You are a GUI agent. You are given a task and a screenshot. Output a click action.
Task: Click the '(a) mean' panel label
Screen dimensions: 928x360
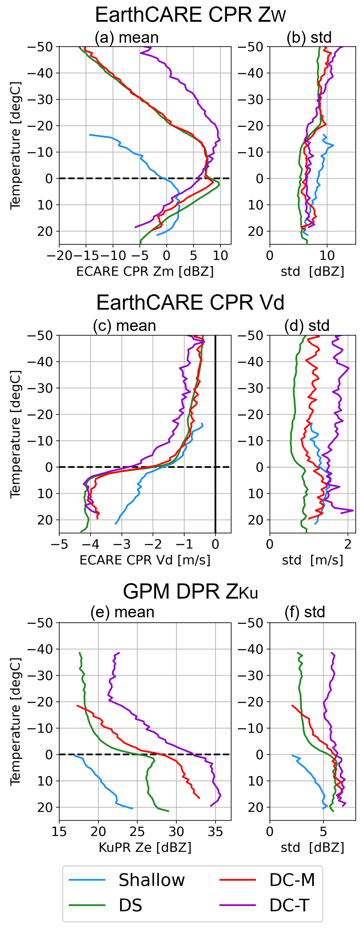126,37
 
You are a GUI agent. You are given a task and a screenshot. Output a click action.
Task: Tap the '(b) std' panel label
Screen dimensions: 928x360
309,37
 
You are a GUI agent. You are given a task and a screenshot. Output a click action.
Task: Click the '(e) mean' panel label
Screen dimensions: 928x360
122,613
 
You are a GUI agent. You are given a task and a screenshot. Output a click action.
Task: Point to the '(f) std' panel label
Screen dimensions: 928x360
305,613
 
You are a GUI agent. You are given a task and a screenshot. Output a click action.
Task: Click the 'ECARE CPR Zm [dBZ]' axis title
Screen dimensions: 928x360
145,271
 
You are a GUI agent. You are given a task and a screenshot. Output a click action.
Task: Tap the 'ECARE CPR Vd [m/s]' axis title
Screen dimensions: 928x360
145,560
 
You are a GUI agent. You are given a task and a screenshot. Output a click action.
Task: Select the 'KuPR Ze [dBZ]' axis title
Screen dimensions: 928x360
145,847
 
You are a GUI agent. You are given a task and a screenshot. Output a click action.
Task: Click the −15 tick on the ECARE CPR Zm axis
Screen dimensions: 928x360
86,256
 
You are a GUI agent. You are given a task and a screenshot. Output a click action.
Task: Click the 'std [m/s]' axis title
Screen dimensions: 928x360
312,560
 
